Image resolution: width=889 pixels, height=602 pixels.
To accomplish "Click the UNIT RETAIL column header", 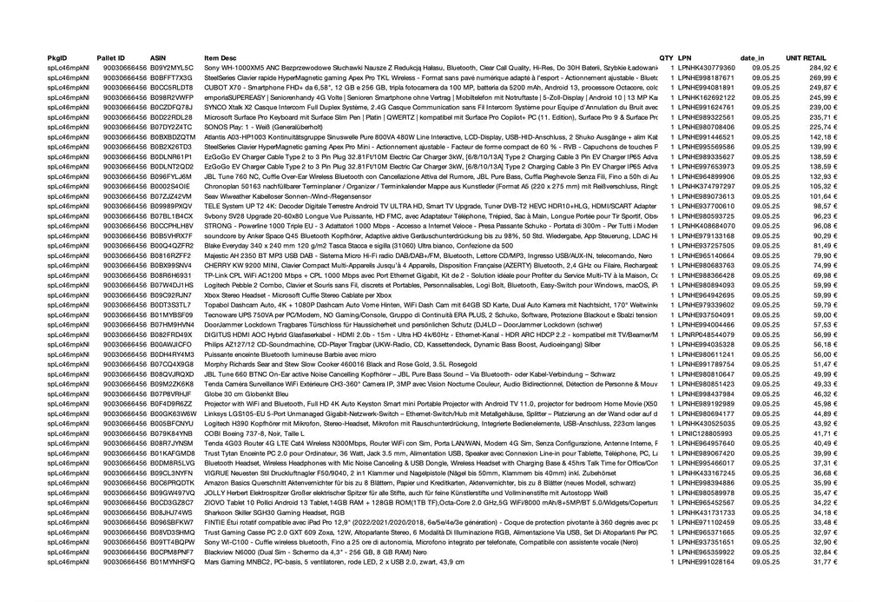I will click(806, 56).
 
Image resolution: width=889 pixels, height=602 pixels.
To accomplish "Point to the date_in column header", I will click(752, 56).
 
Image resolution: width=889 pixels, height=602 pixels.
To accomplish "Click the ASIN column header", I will click(157, 56).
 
